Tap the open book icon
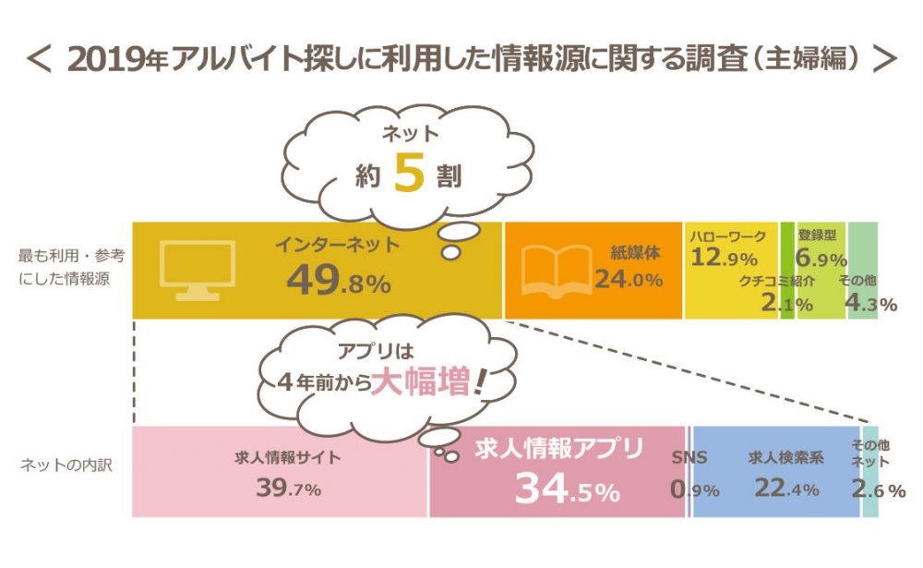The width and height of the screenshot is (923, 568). click(x=556, y=270)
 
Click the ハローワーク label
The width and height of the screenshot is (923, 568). click(x=727, y=237)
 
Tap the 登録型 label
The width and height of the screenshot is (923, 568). click(x=817, y=237)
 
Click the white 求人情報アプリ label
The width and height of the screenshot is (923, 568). click(x=558, y=450)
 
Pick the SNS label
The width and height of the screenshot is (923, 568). click(x=689, y=455)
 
